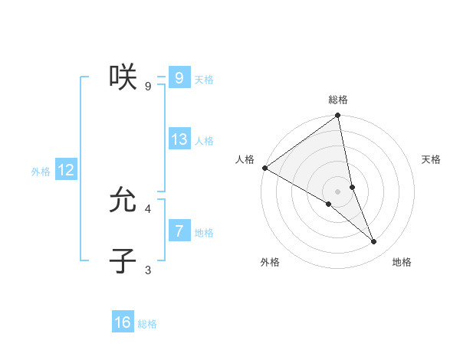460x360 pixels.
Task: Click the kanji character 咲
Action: click(123, 77)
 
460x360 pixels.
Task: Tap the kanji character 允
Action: click(123, 199)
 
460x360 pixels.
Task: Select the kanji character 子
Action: click(123, 260)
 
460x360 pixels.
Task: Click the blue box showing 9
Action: click(179, 77)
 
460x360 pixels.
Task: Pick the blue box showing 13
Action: click(179, 139)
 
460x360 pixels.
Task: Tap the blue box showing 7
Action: click(179, 231)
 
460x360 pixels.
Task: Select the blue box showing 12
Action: click(66, 170)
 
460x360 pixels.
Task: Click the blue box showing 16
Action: click(123, 322)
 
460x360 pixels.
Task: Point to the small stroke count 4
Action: click(148, 208)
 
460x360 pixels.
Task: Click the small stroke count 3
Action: click(148, 270)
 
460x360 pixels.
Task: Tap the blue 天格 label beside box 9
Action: click(204, 80)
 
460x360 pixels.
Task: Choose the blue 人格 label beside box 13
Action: click(204, 141)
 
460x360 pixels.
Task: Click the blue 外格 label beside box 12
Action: click(41, 172)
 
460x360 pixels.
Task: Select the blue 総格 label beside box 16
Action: click(147, 324)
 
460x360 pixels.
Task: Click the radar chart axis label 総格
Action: click(338, 100)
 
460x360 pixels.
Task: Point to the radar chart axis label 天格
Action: click(432, 159)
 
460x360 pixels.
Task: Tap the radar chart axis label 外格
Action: click(270, 262)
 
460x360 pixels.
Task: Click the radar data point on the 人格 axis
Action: click(264, 168)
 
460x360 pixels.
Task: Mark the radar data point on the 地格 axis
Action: click(374, 242)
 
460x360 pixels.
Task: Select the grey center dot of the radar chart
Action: click(337, 191)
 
